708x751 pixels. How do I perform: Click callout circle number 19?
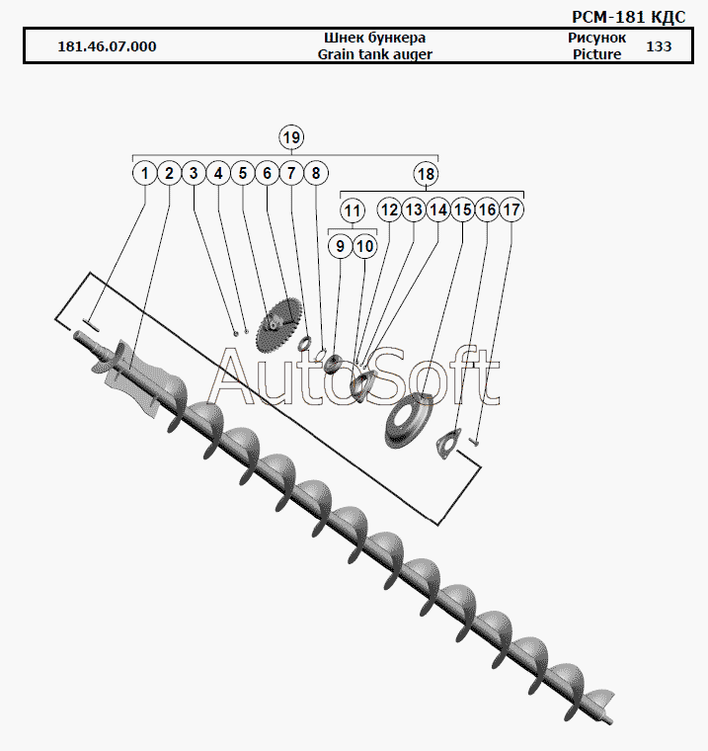[x=291, y=137]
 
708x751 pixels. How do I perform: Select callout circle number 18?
[x=426, y=174]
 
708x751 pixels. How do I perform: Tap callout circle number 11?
[x=353, y=210]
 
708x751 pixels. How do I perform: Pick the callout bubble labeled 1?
[x=144, y=173]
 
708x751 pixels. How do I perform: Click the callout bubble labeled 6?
[x=268, y=173]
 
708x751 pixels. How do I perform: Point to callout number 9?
[x=340, y=246]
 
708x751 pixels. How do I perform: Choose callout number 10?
[x=364, y=246]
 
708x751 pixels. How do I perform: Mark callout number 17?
[x=511, y=209]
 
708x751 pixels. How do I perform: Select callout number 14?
[x=438, y=209]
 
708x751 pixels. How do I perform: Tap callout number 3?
[x=194, y=173]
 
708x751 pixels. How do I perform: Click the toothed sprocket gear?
[x=278, y=324]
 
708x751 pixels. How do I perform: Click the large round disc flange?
[x=409, y=422]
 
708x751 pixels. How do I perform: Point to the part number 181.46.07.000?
[x=107, y=46]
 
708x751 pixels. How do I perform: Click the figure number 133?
[x=659, y=46]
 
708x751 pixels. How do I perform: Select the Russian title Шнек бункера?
[x=375, y=38]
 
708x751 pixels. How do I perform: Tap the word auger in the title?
[x=413, y=54]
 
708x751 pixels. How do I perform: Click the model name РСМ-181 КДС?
[x=629, y=17]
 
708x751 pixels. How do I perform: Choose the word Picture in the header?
[x=597, y=54]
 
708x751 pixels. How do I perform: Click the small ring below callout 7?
[x=304, y=343]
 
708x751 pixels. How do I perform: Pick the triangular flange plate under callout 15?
[x=447, y=444]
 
